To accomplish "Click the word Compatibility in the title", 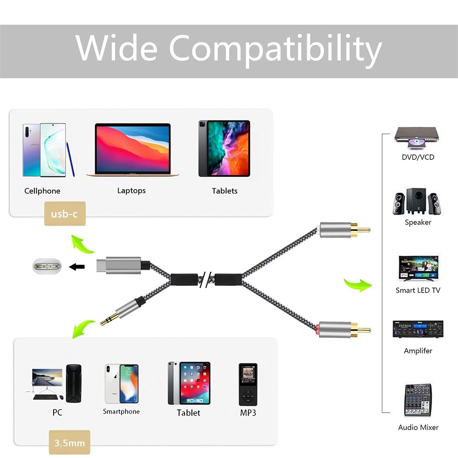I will (x=275, y=49).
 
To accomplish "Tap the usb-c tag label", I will (x=64, y=214).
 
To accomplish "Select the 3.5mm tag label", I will (x=70, y=443).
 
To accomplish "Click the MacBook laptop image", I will (x=133, y=150).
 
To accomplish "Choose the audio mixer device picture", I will (x=418, y=400).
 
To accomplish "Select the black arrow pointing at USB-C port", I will (x=77, y=267).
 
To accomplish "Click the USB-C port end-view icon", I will (x=47, y=266).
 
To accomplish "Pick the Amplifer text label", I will (x=418, y=351).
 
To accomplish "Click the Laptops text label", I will (x=131, y=191).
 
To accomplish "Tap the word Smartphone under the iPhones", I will (x=121, y=412).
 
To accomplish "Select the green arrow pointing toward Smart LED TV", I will (x=357, y=284).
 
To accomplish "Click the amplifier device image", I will (x=418, y=329).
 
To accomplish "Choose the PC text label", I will (x=57, y=413).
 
